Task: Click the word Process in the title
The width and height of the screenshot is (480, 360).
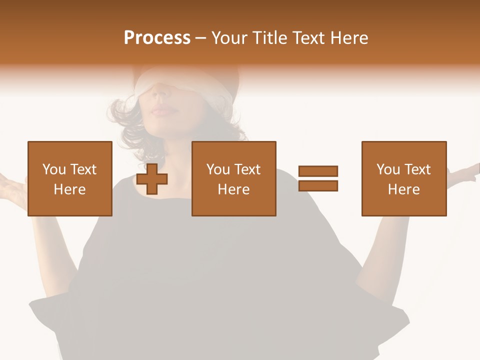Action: pyautogui.click(x=157, y=38)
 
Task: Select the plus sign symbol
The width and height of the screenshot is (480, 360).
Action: pyautogui.click(x=152, y=179)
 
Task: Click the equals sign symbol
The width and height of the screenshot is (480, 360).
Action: pyautogui.click(x=318, y=178)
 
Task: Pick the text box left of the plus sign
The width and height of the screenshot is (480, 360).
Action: pyautogui.click(x=70, y=178)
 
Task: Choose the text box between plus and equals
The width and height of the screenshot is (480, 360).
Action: pyautogui.click(x=233, y=178)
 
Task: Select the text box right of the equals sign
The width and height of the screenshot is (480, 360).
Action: pyautogui.click(x=404, y=178)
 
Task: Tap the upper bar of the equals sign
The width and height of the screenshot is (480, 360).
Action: pyautogui.click(x=318, y=171)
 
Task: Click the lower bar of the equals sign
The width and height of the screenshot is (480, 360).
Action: pyautogui.click(x=318, y=186)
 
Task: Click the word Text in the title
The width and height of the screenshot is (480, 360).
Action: pyautogui.click(x=307, y=38)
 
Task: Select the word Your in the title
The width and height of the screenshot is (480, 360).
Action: pyautogui.click(x=229, y=38)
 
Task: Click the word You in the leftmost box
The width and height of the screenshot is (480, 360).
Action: pyautogui.click(x=53, y=169)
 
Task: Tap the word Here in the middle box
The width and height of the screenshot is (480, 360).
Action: pyautogui.click(x=233, y=189)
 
